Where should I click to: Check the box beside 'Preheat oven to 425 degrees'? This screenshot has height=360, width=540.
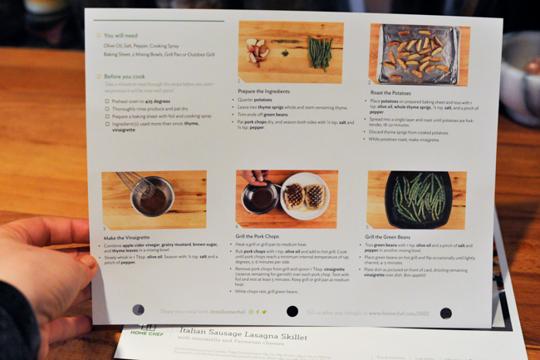tap(107, 101)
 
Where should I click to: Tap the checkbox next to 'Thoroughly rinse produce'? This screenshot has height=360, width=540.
tap(107, 109)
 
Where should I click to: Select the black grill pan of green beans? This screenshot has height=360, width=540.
tap(418, 199)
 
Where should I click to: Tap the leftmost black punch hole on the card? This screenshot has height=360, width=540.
tap(138, 310)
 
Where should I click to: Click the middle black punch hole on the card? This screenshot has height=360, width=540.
tap(292, 312)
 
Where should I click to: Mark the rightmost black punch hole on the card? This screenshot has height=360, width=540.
tap(445, 313)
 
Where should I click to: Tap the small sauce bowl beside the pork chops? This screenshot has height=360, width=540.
tap(259, 199)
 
